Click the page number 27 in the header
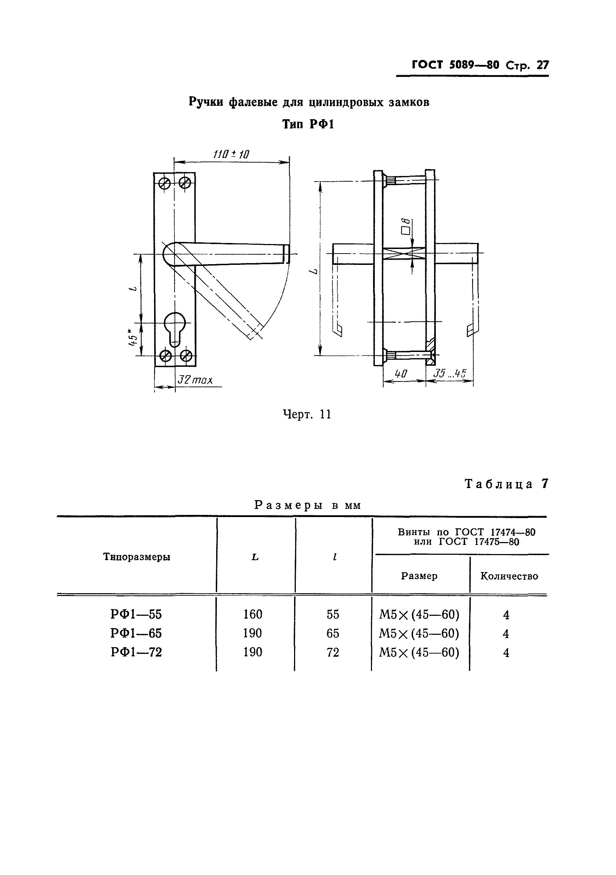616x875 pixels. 542,65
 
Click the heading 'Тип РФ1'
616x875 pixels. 308,124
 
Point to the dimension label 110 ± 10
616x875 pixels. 231,154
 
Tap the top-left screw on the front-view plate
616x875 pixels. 165,183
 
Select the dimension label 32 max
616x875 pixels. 195,380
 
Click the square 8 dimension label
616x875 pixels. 407,226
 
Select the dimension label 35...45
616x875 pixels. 450,373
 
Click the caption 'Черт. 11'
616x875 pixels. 307,414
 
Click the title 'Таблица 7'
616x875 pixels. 507,484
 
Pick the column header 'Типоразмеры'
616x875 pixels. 136,557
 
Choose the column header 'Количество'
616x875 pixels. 509,576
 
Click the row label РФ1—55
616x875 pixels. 136,614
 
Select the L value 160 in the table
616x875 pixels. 252,614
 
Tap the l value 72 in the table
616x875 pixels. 333,652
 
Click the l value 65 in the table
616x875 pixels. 333,633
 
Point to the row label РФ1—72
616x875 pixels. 136,652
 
